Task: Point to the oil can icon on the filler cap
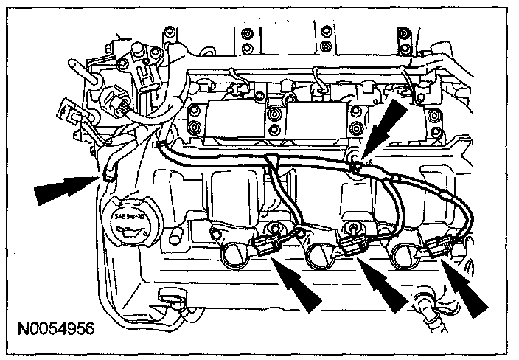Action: click(128, 233)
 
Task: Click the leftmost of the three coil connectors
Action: click(265, 246)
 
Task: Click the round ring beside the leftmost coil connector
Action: click(231, 254)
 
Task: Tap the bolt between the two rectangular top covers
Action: click(274, 117)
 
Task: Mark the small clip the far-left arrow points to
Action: click(109, 175)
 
